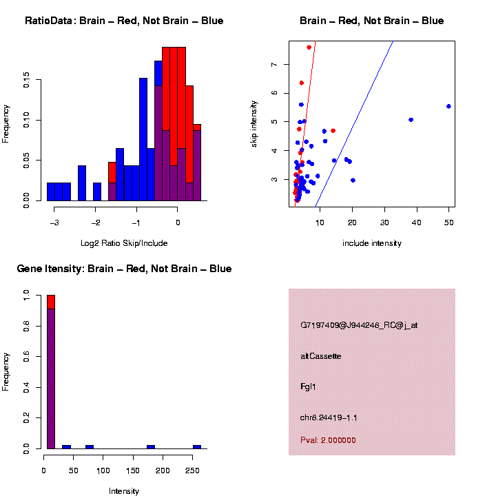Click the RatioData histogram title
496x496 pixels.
click(124, 21)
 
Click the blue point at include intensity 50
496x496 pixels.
click(448, 106)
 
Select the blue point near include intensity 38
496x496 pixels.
click(411, 120)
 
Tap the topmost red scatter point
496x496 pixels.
click(309, 48)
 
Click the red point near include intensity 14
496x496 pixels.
click(333, 130)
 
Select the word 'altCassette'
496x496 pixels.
click(320, 356)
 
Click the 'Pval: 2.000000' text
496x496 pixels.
click(328, 440)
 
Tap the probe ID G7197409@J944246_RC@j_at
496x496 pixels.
click(358, 325)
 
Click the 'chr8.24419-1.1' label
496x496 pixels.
click(329, 418)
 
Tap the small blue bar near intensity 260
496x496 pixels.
click(196, 446)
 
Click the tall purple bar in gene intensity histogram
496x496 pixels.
click(50, 379)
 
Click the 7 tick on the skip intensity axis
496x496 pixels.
click(274, 64)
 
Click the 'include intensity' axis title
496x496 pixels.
click(371, 243)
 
